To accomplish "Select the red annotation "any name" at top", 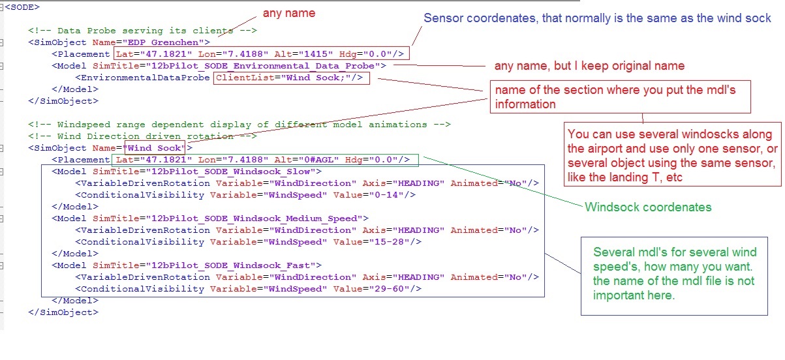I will tap(288, 13).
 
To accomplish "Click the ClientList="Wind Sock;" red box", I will tap(290, 78).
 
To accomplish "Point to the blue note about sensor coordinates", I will tap(597, 18).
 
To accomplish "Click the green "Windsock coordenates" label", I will tap(648, 207).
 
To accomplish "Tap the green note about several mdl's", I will tap(675, 274).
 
